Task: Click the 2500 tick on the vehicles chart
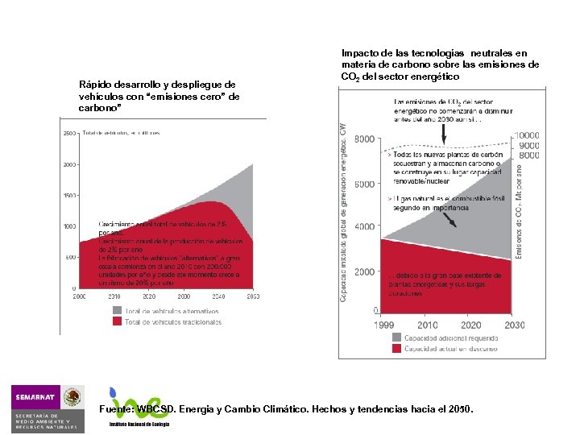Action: click(69, 133)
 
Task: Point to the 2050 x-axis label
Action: click(252, 296)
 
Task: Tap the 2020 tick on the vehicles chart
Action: click(149, 296)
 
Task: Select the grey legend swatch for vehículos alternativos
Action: click(117, 310)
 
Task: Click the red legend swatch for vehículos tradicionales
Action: click(117, 321)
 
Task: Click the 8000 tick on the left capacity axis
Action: click(364, 139)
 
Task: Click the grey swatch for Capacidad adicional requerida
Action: click(396, 338)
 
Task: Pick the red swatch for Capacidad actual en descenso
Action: click(396, 349)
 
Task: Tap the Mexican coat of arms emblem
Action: click(73, 396)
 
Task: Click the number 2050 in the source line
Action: click(461, 409)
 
